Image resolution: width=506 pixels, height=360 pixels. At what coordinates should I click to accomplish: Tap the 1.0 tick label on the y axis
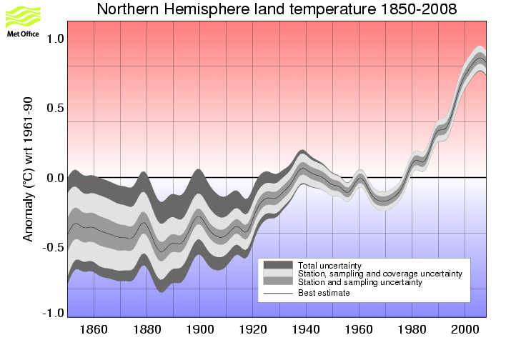click(x=55, y=39)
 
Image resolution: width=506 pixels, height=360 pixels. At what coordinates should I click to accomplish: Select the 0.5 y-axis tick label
click(x=55, y=108)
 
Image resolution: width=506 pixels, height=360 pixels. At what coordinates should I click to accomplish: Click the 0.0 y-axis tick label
click(x=55, y=177)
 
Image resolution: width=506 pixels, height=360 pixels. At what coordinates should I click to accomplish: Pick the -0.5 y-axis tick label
click(x=53, y=246)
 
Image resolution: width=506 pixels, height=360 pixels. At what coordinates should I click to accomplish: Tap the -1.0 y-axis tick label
click(x=53, y=312)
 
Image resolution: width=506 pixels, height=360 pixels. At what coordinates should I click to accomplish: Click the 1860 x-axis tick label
click(x=94, y=330)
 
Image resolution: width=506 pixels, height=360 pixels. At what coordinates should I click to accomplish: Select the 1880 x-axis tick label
click(x=147, y=330)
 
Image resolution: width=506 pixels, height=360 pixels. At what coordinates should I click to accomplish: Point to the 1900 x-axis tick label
click(x=200, y=330)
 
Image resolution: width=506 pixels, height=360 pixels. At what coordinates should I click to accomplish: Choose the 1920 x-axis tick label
click(x=253, y=330)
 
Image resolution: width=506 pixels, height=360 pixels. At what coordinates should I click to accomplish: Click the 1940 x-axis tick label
click(x=306, y=330)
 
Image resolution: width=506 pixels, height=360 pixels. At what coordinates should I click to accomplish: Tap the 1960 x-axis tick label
click(x=359, y=330)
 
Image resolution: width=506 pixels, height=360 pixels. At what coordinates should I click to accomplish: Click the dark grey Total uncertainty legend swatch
click(x=278, y=265)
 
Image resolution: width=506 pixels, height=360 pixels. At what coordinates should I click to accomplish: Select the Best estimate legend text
click(x=324, y=293)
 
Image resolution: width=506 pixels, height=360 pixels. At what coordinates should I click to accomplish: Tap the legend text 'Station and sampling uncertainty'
click(x=359, y=283)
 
